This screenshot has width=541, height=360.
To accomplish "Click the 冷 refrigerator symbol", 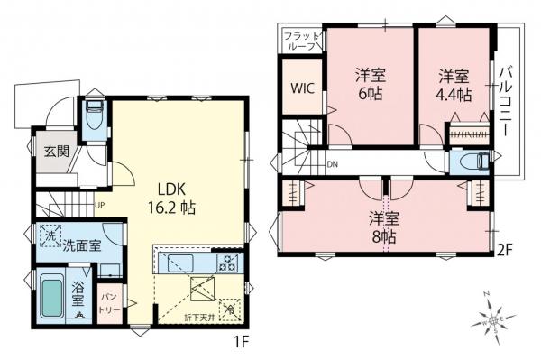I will pos(230,308).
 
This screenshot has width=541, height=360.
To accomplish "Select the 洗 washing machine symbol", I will pos(48,235).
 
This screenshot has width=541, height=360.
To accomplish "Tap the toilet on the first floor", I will pos(95,116).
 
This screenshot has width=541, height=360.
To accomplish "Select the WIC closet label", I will pos(301,88).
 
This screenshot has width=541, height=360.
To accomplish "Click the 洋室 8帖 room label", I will pos(385,226).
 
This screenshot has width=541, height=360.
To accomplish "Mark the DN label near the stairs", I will pos(332,164).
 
